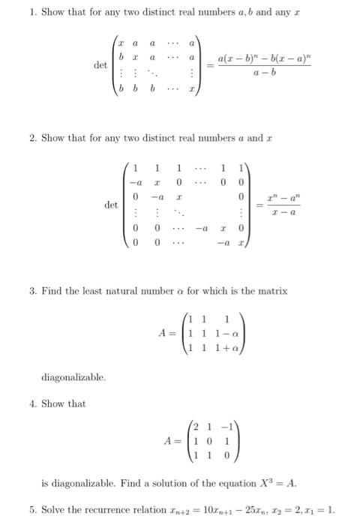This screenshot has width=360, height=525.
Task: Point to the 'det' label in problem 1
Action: (100, 65)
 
